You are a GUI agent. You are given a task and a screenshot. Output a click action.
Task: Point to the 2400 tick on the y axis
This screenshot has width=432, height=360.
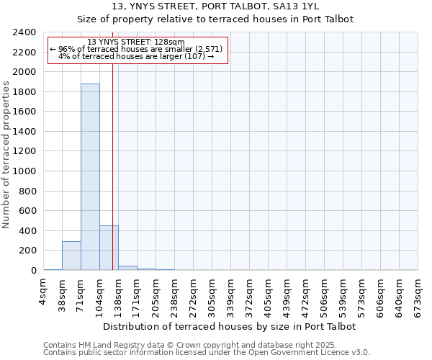coord(25,32)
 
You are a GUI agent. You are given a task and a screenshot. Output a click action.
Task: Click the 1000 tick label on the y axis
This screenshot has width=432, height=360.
coord(25,171)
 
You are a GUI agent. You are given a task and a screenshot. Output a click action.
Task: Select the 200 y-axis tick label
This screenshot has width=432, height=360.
coord(28,251)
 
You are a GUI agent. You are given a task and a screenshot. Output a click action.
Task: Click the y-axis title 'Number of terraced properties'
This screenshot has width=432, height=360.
coord(6,154)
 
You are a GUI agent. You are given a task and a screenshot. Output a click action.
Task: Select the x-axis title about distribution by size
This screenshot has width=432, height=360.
coord(230,326)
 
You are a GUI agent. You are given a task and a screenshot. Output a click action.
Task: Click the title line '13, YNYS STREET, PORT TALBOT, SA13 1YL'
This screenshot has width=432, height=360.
coord(216,6)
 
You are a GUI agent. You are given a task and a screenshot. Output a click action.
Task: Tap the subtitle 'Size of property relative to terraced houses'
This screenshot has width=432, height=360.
coord(216,19)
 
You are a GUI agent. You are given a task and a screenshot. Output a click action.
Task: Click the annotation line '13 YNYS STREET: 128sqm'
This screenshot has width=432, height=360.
coord(136,42)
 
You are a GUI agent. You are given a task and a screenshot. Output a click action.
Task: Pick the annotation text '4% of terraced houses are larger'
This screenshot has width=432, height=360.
coord(136,57)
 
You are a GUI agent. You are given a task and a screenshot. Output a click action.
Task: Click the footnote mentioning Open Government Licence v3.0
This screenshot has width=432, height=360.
coord(207,353)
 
